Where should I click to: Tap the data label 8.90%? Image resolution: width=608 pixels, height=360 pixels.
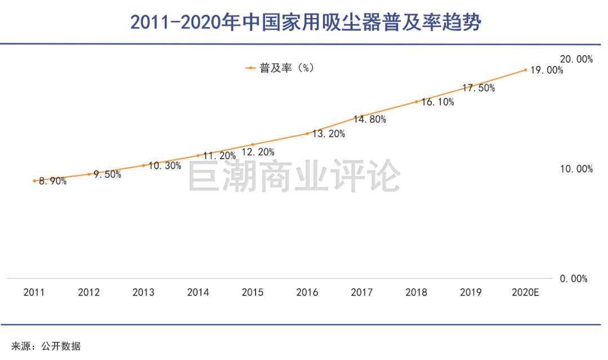click(x=52, y=181)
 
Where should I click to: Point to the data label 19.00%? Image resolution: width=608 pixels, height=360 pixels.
click(x=547, y=70)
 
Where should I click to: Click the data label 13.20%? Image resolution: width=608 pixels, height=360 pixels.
click(x=329, y=134)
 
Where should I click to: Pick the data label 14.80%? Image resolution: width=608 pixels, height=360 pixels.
click(x=369, y=119)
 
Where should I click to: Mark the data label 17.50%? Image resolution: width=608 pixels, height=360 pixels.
click(x=479, y=88)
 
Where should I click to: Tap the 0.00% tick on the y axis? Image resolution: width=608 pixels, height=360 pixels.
click(x=573, y=278)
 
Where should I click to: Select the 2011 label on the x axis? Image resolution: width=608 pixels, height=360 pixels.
click(x=34, y=292)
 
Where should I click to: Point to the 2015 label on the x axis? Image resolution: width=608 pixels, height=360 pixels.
click(x=252, y=292)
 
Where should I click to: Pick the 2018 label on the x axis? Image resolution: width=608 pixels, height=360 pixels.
click(x=416, y=292)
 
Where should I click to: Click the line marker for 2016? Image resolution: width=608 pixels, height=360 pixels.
click(x=307, y=133)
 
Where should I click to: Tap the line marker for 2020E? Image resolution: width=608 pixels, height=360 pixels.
click(x=525, y=70)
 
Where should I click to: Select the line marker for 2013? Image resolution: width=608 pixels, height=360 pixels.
click(x=144, y=165)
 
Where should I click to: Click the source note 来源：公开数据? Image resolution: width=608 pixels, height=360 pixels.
click(x=46, y=346)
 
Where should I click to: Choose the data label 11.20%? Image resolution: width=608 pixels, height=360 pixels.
click(x=220, y=156)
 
